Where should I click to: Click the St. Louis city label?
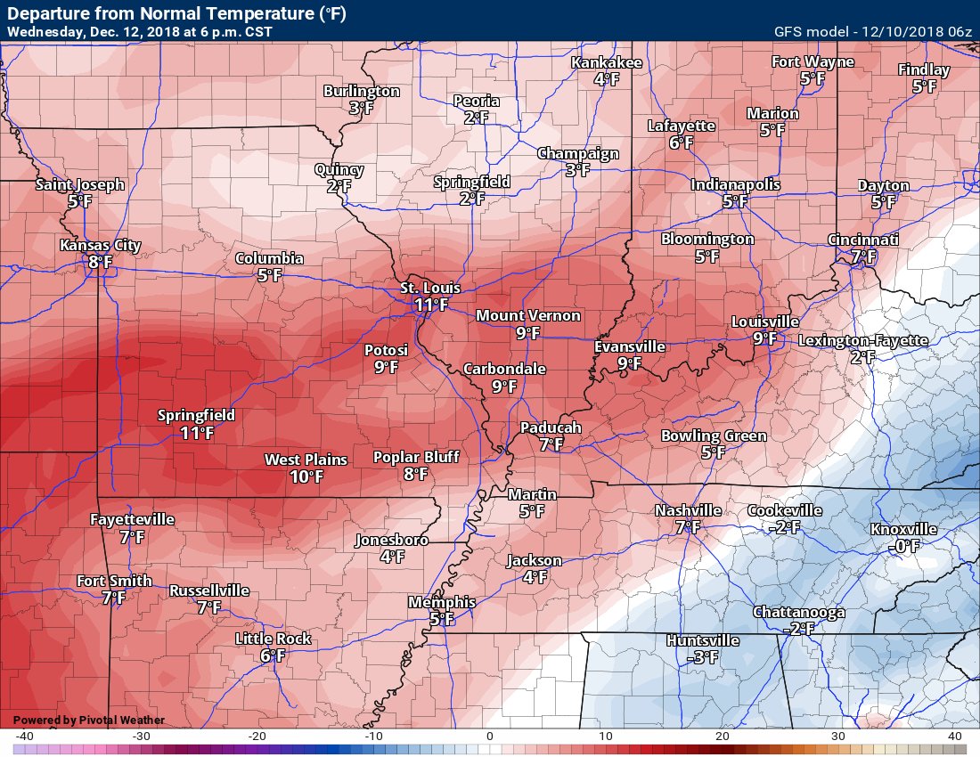pyautogui.click(x=430, y=288)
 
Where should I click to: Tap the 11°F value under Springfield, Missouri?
pyautogui.click(x=197, y=433)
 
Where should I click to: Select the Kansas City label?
pyautogui.click(x=100, y=246)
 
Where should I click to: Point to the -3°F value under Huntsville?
pyautogui.click(x=703, y=657)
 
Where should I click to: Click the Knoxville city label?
pyautogui.click(x=903, y=530)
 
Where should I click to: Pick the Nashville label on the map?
pyautogui.click(x=688, y=511)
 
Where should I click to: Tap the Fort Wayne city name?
pyautogui.click(x=812, y=62)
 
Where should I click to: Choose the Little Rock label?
pyautogui.click(x=273, y=639)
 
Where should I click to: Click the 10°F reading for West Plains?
pyautogui.click(x=306, y=476)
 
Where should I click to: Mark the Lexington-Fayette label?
pyautogui.click(x=862, y=340)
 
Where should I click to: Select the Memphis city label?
pyautogui.click(x=441, y=602)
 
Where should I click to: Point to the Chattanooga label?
pyautogui.click(x=798, y=613)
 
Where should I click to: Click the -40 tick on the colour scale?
pyautogui.click(x=24, y=737)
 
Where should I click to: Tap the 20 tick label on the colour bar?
pyautogui.click(x=723, y=737)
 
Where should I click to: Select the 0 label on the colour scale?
pyautogui.click(x=490, y=737)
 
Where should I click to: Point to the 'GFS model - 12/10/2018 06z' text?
pyautogui.click(x=872, y=31)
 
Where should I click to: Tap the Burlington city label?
pyautogui.click(x=361, y=92)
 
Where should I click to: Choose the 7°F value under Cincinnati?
pyautogui.click(x=862, y=256)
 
